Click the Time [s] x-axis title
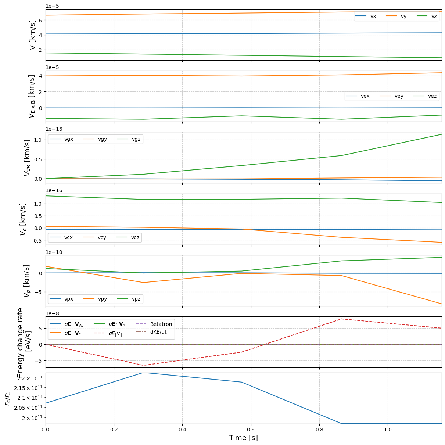coord(243,438)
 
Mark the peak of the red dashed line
coord(342,319)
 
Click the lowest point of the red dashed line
coord(143,365)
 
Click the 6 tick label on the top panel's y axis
coord(40,20)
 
